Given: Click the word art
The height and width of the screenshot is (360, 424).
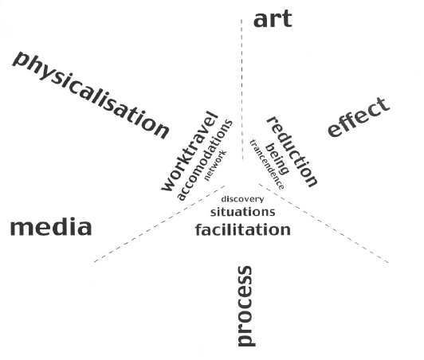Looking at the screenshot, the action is (273, 19).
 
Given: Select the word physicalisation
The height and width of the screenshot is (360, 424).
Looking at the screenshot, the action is (91, 95).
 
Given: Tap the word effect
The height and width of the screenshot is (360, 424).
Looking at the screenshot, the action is (359, 117).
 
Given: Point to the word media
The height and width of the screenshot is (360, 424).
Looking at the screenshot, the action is (51, 228).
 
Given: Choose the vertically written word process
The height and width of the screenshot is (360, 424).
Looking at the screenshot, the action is (245, 306).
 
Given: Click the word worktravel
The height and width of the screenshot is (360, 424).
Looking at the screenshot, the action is (190, 151).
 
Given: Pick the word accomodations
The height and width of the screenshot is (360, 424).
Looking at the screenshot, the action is (204, 160).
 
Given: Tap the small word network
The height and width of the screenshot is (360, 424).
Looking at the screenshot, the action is (215, 166).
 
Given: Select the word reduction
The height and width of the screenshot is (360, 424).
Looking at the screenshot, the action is (292, 152).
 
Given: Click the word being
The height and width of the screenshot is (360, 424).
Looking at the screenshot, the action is (277, 158).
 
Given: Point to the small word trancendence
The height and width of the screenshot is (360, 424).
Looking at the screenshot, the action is (267, 164).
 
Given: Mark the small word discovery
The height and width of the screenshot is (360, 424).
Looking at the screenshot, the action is (242, 199).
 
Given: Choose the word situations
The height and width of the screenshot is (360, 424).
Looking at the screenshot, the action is (242, 212).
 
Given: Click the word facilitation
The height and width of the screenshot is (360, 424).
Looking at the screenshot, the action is (243, 229).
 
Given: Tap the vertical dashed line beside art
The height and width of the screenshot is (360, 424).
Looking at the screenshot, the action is (241, 90).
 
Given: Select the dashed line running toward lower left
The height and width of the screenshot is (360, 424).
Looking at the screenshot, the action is (159, 224).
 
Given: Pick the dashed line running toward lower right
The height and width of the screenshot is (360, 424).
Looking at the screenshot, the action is (324, 223).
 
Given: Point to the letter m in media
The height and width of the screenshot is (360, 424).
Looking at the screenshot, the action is (22, 229).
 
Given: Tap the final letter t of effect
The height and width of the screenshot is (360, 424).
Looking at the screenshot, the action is (383, 104).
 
